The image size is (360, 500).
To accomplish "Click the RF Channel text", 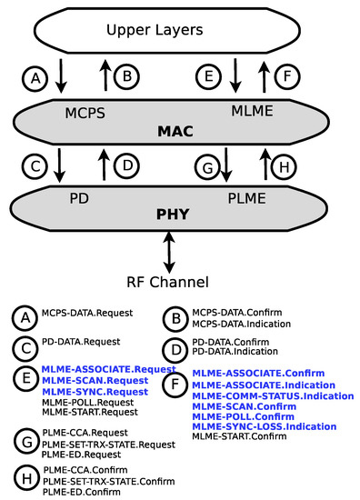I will point(180,282).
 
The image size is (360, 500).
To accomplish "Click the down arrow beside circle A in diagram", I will point(62,77).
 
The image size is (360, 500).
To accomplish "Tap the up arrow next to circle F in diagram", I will point(265,77).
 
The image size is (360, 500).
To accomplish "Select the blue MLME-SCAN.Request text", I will point(89,381).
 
